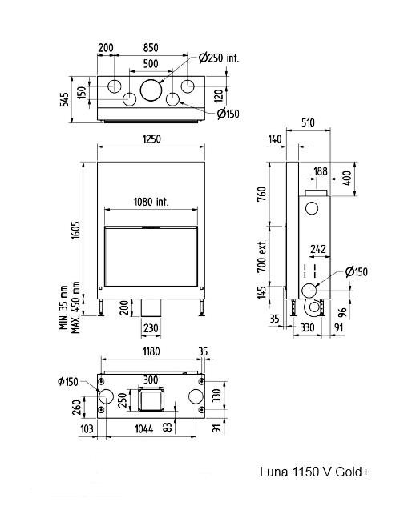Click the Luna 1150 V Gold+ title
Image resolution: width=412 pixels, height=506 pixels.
pyautogui.click(x=314, y=472)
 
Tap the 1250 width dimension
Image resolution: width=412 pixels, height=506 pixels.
pyautogui.click(x=151, y=139)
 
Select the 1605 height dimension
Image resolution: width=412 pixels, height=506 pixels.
pyautogui.click(x=76, y=230)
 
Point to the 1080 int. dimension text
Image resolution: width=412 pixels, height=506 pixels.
pyautogui.click(x=151, y=202)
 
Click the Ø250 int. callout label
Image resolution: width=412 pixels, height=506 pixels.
pyautogui.click(x=219, y=58)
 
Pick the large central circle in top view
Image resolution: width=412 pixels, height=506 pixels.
pyautogui.click(x=151, y=90)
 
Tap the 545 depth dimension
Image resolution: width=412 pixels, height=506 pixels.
pyautogui.click(x=64, y=99)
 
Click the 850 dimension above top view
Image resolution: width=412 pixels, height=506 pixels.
pyautogui.click(x=151, y=48)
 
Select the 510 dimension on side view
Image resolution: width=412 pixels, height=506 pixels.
pyautogui.click(x=307, y=122)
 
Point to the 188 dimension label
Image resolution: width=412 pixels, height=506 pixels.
pyautogui.click(x=321, y=171)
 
